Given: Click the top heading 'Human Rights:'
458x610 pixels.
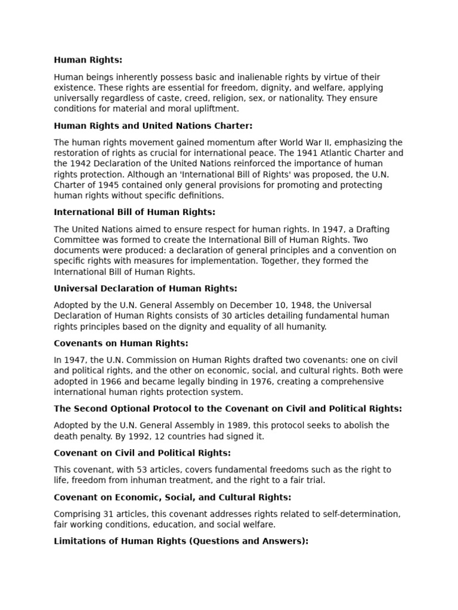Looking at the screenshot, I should pos(88,60).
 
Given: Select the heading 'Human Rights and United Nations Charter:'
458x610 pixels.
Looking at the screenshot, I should pos(153,126).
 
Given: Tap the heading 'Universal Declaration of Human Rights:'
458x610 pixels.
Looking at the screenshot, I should pos(146,288).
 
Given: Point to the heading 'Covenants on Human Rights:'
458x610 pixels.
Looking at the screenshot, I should pos(121,343).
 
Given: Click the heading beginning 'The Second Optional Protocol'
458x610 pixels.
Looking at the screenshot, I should pos(228,409).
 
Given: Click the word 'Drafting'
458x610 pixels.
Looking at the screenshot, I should pos(371,229).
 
